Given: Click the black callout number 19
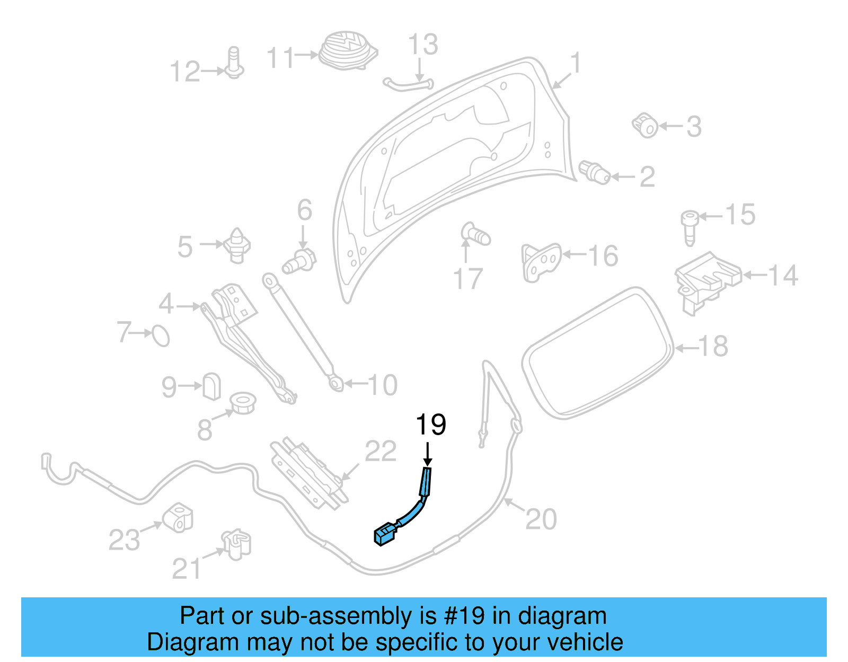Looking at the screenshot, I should click(430, 425).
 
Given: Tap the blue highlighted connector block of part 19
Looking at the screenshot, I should click(385, 534).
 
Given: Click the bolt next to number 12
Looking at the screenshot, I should click(234, 64).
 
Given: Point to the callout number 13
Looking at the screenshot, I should click(423, 45).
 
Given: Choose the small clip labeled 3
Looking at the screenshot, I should click(646, 125).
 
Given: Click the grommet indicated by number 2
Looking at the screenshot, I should click(595, 172).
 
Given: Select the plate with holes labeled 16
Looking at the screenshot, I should click(541, 261).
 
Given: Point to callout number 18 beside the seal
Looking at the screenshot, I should click(713, 347).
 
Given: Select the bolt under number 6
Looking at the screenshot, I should click(299, 261).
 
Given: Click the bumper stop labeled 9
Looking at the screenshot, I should click(211, 386).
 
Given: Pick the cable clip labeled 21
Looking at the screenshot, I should click(236, 544).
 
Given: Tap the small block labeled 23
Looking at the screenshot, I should click(178, 518).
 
